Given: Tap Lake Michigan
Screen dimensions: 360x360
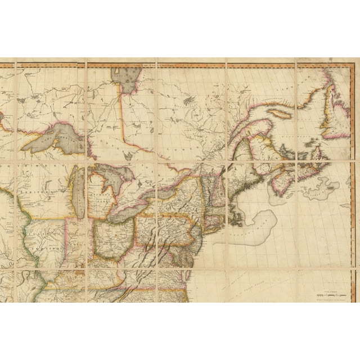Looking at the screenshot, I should pos(79,194).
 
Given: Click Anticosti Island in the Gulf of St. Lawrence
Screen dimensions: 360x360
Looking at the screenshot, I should pos(280,112).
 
